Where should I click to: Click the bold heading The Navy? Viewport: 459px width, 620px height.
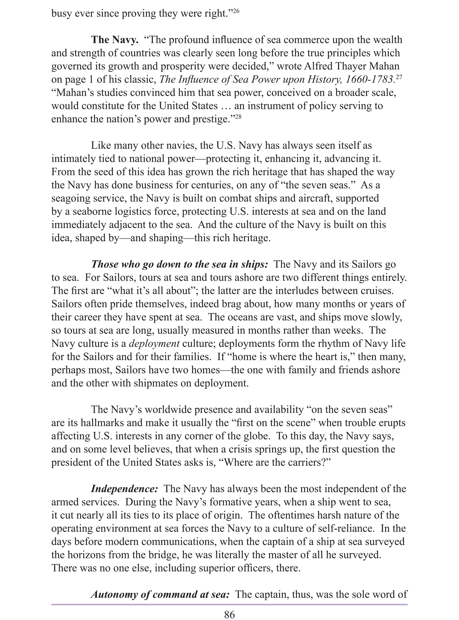pos(115,40)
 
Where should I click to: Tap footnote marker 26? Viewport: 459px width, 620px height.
pos(236,11)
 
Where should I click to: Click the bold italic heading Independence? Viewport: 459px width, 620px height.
pos(125,489)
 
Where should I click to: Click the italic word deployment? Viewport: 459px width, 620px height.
pos(154,344)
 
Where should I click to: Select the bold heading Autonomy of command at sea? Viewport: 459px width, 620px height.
pos(160,594)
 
